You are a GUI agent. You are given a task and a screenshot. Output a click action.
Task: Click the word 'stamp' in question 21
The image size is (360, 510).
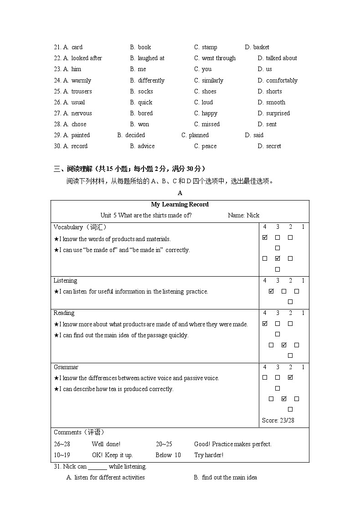click(209, 47)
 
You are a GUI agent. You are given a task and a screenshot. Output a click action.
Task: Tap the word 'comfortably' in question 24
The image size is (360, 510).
click(282, 81)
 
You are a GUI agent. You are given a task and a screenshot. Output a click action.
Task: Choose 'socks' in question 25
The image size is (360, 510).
click(145, 92)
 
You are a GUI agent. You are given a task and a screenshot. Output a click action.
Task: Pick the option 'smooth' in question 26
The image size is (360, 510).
click(276, 103)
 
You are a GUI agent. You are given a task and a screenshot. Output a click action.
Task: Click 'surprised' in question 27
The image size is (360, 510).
click(278, 113)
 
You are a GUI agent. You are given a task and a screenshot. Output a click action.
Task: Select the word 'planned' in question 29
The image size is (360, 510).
click(199, 135)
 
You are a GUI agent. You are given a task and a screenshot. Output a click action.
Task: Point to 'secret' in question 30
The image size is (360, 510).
click(273, 146)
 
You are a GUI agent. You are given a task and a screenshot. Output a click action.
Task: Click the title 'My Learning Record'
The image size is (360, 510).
click(180, 205)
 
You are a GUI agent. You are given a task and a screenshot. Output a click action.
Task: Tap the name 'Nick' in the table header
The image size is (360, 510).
click(253, 216)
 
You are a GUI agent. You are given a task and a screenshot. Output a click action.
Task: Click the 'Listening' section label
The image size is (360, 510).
click(65, 281)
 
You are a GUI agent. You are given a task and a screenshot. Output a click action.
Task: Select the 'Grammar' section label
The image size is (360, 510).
click(66, 367)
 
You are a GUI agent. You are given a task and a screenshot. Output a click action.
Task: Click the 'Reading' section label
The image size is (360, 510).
click(64, 313)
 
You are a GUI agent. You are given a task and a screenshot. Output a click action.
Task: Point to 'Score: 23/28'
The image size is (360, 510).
click(278, 420)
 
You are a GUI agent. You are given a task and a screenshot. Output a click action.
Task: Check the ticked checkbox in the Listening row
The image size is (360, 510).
click(271, 291)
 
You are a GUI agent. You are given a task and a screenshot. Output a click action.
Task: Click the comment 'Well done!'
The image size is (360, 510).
click(106, 444)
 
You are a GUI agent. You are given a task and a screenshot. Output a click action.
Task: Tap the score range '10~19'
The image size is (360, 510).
click(62, 455)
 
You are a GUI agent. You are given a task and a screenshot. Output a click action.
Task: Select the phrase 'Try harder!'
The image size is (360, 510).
click(209, 455)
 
